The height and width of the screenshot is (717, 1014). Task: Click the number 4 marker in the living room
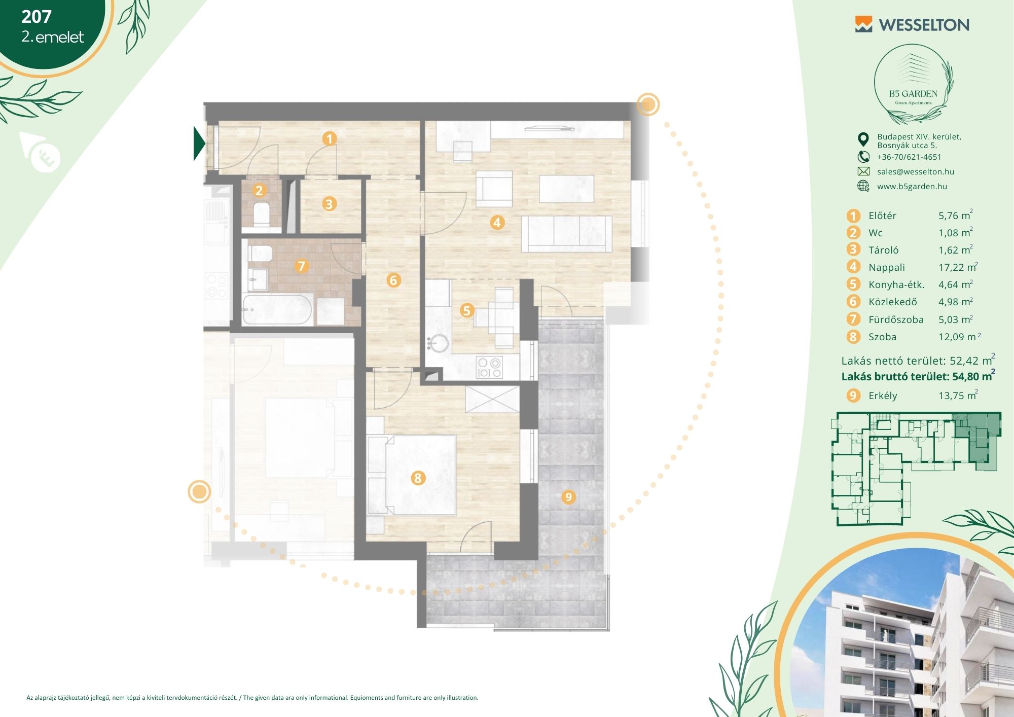click(x=497, y=222)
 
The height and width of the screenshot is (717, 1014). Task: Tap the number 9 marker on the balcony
click(x=568, y=497)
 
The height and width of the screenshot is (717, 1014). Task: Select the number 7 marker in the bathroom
click(x=302, y=266)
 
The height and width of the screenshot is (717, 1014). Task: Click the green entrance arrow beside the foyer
click(x=199, y=144)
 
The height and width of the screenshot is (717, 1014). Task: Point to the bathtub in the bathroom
click(x=277, y=309)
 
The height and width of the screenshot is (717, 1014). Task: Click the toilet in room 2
click(x=262, y=214)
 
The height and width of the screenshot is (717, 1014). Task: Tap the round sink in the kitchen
click(x=438, y=343)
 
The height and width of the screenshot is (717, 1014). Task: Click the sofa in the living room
click(x=567, y=234)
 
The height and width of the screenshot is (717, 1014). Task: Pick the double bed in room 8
click(x=420, y=476)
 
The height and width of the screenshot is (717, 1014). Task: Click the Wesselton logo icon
click(x=863, y=24)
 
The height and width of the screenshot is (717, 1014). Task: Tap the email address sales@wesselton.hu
click(x=916, y=172)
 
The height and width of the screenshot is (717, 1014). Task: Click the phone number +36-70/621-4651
click(x=909, y=157)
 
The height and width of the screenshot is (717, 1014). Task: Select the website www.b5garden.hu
click(x=912, y=187)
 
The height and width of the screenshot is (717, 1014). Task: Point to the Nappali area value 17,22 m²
click(x=958, y=267)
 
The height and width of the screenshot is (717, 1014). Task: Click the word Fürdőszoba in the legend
click(x=896, y=320)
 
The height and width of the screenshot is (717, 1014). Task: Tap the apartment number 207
click(x=37, y=17)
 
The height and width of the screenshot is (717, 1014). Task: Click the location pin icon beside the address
click(x=863, y=139)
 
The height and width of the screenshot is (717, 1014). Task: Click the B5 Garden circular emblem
click(x=913, y=84)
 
